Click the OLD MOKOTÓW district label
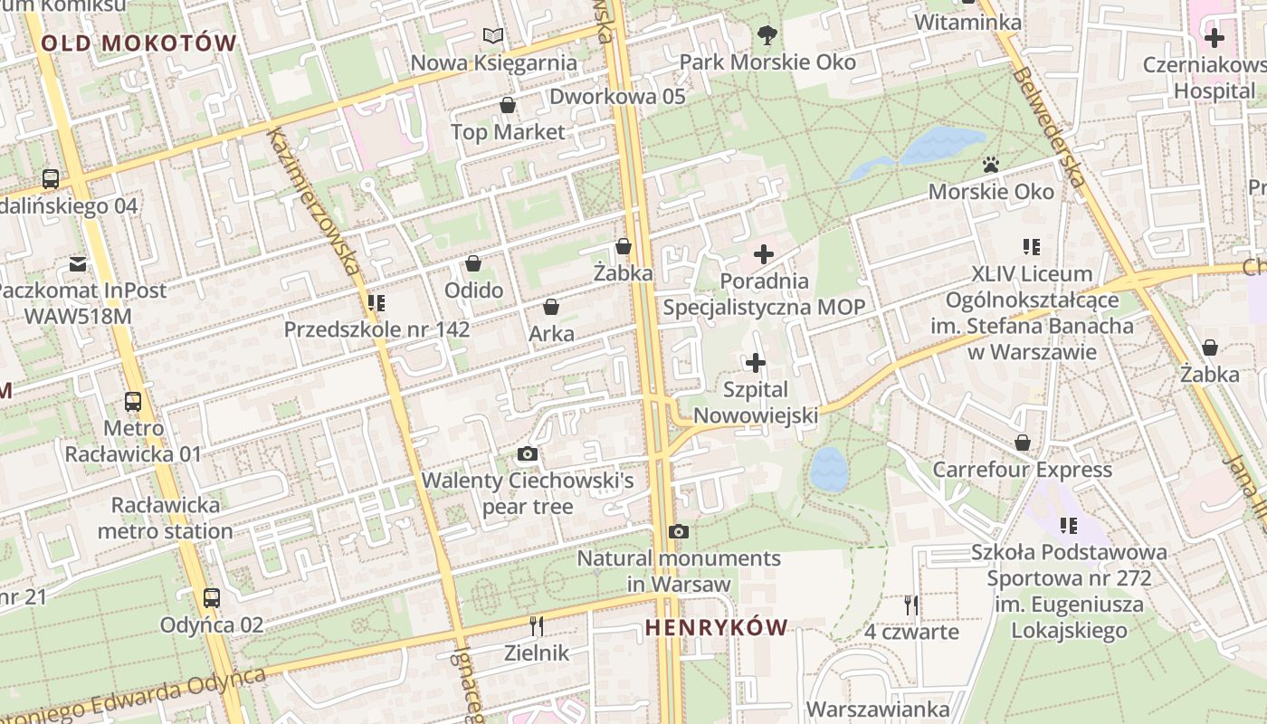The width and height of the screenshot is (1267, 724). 138,43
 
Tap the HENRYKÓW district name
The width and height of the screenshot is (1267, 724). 716,627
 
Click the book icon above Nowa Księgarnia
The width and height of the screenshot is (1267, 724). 493,36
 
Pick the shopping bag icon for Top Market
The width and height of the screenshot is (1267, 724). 508,106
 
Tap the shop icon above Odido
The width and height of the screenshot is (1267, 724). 473,263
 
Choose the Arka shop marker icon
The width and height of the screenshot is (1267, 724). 551,308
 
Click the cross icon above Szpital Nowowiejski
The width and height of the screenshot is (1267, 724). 756,364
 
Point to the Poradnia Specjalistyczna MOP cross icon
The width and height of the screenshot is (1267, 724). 765,254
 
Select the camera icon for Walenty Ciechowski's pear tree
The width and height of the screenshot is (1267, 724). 528,453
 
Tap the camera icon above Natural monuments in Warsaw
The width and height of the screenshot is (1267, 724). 679,531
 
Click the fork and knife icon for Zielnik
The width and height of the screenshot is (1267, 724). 537,625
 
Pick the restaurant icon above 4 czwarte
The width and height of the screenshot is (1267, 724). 911,605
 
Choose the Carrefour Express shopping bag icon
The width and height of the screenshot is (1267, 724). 1023,443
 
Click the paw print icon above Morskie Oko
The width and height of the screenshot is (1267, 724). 991,165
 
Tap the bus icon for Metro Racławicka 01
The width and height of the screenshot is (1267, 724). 133,401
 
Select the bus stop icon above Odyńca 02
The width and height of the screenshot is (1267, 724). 212,598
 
